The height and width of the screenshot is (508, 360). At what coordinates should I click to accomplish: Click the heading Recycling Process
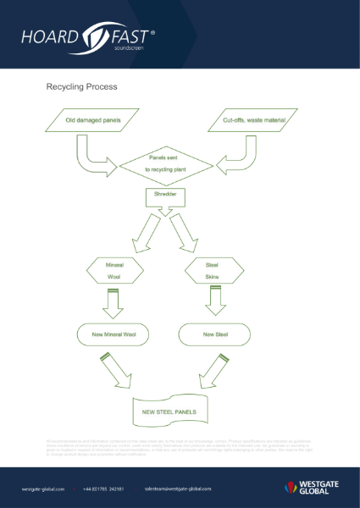pos(81,86)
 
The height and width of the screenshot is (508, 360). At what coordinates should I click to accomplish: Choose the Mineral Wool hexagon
pos(115,271)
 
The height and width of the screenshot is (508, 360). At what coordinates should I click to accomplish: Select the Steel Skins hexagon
pos(212,271)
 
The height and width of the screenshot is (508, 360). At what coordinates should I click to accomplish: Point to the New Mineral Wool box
pos(115,334)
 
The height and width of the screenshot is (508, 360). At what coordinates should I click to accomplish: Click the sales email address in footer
pos(177,489)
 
